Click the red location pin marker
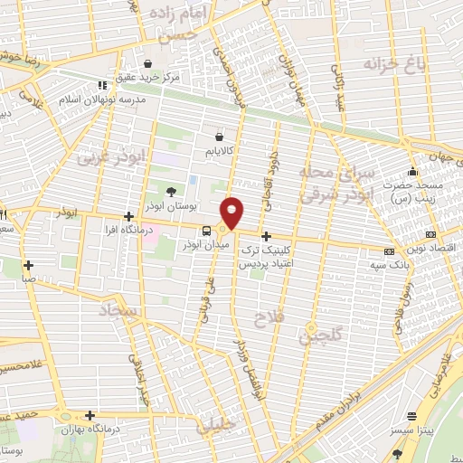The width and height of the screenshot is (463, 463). click(232, 212)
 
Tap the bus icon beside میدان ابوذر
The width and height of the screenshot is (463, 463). click(207, 231)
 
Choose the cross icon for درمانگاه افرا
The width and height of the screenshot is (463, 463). click(130, 216)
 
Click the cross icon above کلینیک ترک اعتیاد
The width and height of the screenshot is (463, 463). click(265, 235)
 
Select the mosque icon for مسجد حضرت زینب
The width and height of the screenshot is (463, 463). click(413, 172)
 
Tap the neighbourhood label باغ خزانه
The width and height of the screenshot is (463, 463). click(394, 63)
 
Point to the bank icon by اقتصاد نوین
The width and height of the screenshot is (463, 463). click(390, 251)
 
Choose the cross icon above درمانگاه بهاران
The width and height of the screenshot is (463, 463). click(90, 414)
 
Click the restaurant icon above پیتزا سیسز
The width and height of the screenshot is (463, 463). click(413, 419)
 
